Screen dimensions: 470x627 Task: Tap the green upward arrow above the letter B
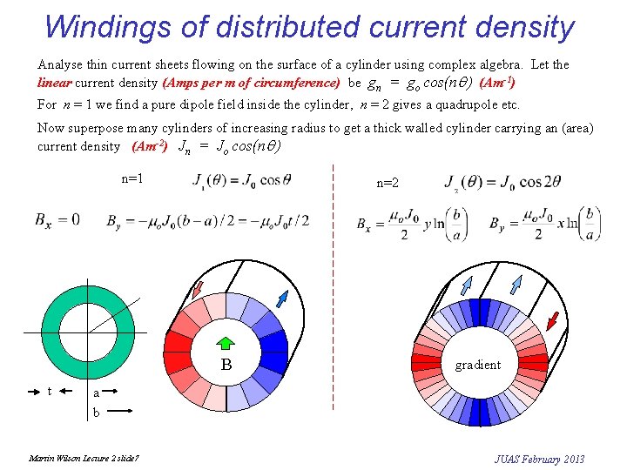coord(226,343)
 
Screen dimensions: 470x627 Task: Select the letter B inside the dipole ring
coord(226,365)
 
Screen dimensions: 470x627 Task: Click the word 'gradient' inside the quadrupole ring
coord(478,365)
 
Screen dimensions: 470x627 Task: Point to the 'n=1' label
coord(132,178)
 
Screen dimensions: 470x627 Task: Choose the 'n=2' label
coord(388,183)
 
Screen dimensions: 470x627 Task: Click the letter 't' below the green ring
coord(51,391)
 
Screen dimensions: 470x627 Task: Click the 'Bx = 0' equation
coord(57,219)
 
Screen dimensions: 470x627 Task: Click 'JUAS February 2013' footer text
coord(539,459)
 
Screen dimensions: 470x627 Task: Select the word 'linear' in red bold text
coord(55,84)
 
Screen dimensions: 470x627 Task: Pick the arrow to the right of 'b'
coord(119,410)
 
